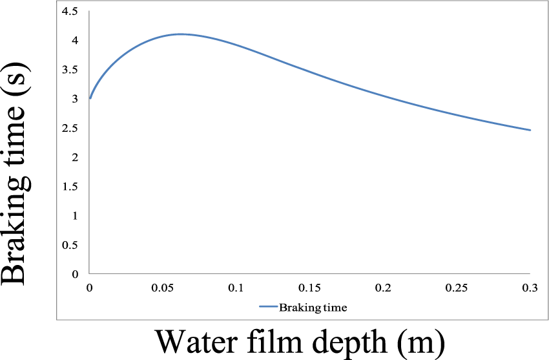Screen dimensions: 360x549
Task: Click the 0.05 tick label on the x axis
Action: coord(163,287)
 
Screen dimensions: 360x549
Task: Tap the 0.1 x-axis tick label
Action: coord(236,287)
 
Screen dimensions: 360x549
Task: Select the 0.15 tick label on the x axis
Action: coord(310,287)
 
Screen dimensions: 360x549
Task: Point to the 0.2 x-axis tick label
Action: coord(384,287)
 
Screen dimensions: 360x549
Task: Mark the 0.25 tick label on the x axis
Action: coord(457,287)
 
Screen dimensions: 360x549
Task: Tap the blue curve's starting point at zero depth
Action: coord(90,98)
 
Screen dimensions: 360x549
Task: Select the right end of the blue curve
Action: coord(530,130)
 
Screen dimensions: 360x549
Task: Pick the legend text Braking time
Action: coord(313,308)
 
